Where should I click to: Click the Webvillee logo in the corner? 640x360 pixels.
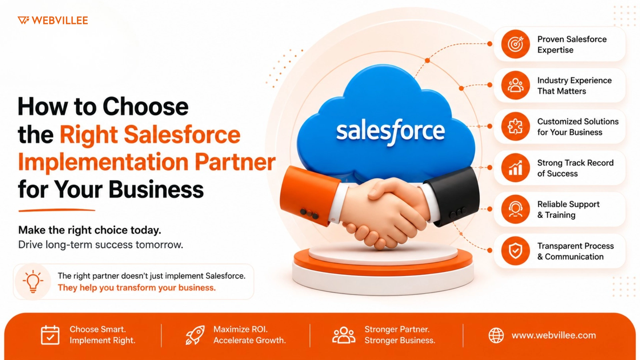(x=53, y=20)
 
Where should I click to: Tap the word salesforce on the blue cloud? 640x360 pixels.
(x=390, y=131)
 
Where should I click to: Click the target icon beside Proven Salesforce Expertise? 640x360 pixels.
(x=515, y=44)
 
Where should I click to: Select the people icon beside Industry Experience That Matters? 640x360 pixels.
(x=515, y=85)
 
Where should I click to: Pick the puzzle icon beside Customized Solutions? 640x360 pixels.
(x=515, y=127)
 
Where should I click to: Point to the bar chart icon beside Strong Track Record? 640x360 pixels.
(x=515, y=168)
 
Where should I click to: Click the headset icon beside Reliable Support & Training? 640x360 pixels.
(x=515, y=209)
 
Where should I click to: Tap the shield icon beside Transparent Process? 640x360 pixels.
(x=515, y=251)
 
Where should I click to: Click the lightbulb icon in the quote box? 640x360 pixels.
(x=33, y=281)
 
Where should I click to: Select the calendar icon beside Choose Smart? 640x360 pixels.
(x=50, y=335)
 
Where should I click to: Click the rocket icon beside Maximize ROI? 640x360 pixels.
(x=195, y=335)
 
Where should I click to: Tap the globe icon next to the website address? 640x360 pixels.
(x=496, y=335)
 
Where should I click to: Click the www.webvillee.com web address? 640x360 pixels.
(x=554, y=335)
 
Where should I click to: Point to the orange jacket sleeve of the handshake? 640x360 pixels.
(x=308, y=195)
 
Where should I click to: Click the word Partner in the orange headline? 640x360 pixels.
(x=235, y=162)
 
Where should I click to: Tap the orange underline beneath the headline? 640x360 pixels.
(x=57, y=210)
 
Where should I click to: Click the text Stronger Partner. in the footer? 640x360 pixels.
(x=397, y=329)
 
